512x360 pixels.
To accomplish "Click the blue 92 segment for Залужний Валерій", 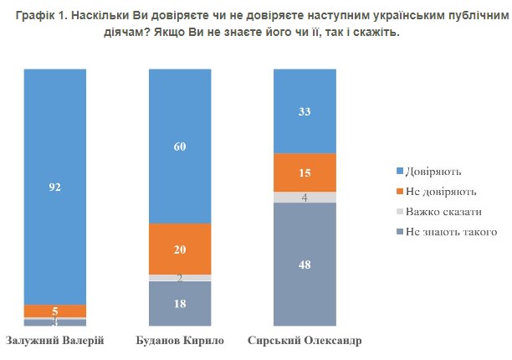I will point(55,188).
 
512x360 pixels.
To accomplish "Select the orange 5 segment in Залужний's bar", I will point(55,311).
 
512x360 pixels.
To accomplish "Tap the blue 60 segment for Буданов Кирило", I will point(180,147).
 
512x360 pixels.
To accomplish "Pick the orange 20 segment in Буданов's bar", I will point(180,249).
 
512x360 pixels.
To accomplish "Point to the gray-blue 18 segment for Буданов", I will point(180,303).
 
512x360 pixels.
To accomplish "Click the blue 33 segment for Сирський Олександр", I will point(305,111).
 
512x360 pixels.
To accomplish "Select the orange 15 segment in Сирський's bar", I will point(305,172).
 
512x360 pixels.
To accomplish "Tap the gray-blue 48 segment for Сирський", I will point(305,264).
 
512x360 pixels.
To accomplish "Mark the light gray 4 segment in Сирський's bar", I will point(305,198).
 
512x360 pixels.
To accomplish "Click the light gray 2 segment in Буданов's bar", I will point(180,278).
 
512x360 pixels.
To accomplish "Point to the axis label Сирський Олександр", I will point(305,341).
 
